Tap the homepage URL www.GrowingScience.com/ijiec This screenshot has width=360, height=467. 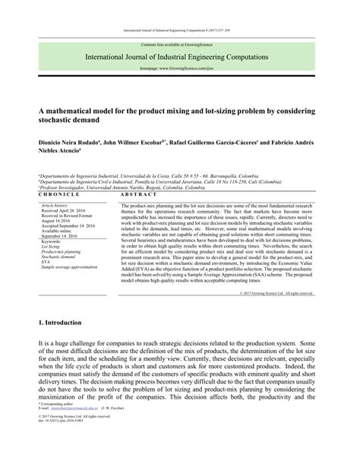coord(180,68)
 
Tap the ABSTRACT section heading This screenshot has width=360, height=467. coord(137,195)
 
